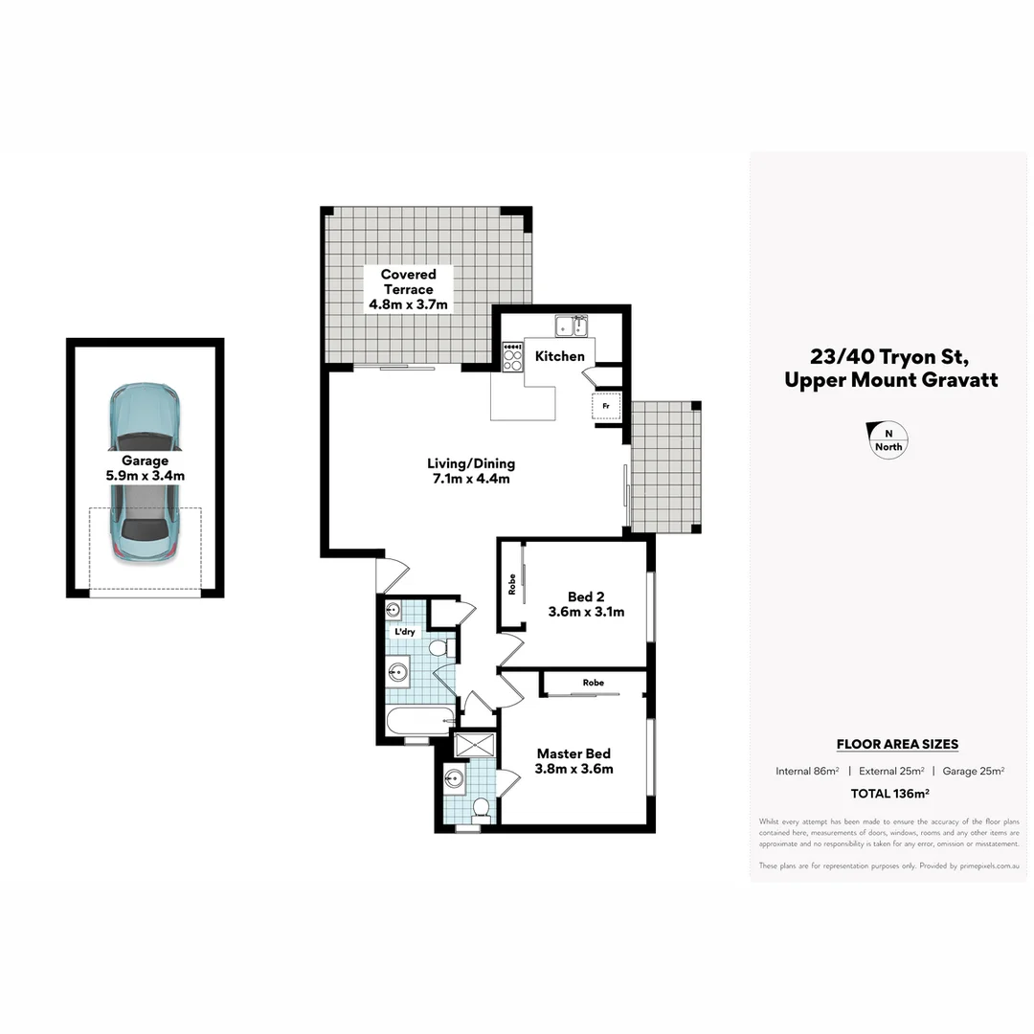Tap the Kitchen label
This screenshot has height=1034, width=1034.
pyautogui.click(x=559, y=356)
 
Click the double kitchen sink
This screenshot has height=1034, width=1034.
pyautogui.click(x=574, y=326)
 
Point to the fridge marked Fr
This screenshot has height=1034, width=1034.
pyautogui.click(x=605, y=405)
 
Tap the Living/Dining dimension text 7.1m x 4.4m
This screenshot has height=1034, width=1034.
pyautogui.click(x=468, y=479)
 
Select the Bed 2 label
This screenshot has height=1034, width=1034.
pyautogui.click(x=586, y=596)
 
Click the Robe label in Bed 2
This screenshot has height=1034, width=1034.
pyautogui.click(x=512, y=584)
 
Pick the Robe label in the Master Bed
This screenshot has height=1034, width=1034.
pyautogui.click(x=593, y=683)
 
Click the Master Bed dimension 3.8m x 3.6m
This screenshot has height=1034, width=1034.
pyautogui.click(x=574, y=769)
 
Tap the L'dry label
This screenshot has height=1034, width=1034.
pyautogui.click(x=405, y=633)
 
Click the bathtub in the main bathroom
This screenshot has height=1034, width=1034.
pyautogui.click(x=419, y=721)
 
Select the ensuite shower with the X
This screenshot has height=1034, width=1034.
pyautogui.click(x=475, y=744)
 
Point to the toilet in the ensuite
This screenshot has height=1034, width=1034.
pyautogui.click(x=482, y=809)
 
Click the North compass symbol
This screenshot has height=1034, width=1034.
pyautogui.click(x=888, y=440)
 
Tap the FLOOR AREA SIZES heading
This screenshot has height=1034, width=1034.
pyautogui.click(x=897, y=744)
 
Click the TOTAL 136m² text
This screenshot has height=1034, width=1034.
pyautogui.click(x=890, y=793)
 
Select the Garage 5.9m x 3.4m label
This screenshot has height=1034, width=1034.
pyautogui.click(x=145, y=467)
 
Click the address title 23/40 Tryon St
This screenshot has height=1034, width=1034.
pyautogui.click(x=890, y=356)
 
